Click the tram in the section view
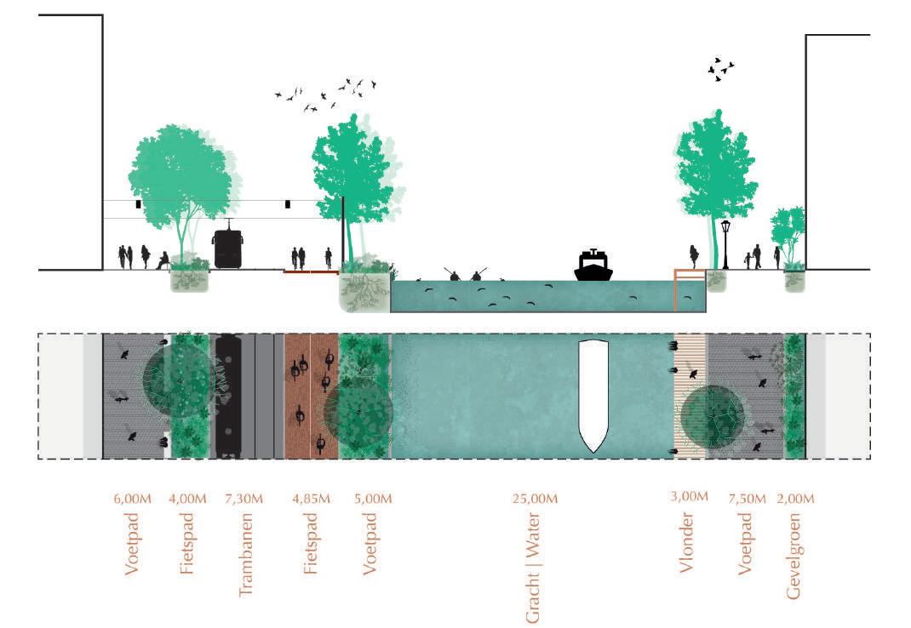(x=227, y=247)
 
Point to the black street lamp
(x=725, y=243)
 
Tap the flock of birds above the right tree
(x=720, y=69)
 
